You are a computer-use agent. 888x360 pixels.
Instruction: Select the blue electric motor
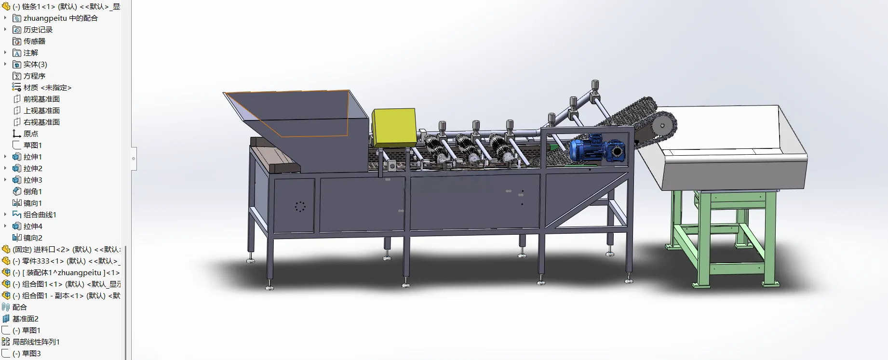(597, 148)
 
